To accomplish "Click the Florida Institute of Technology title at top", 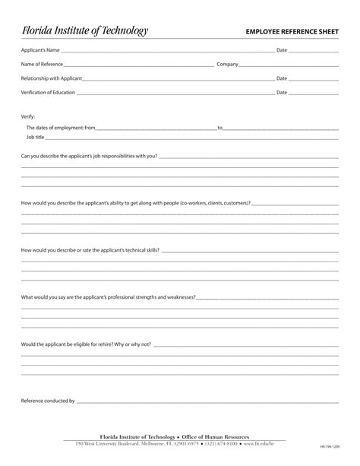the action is (84, 30).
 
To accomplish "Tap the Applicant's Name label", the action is (39, 50).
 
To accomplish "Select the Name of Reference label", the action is (42, 64).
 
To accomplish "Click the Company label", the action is (228, 64).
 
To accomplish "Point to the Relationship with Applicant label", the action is (51, 78).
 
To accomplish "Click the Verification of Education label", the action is (48, 92).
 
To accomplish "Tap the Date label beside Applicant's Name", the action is (282, 50).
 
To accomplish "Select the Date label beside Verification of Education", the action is (282, 92).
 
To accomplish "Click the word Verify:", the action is (28, 116).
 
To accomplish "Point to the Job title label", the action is (36, 137).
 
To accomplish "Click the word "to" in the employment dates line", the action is (220, 128).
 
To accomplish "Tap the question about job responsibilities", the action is (89, 156).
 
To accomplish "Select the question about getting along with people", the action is (135, 203).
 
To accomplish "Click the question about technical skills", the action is (90, 249).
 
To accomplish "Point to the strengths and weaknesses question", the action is (108, 296).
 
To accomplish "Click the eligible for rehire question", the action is (86, 344).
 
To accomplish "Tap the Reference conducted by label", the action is (48, 400).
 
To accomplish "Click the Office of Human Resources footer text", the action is (215, 438).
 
